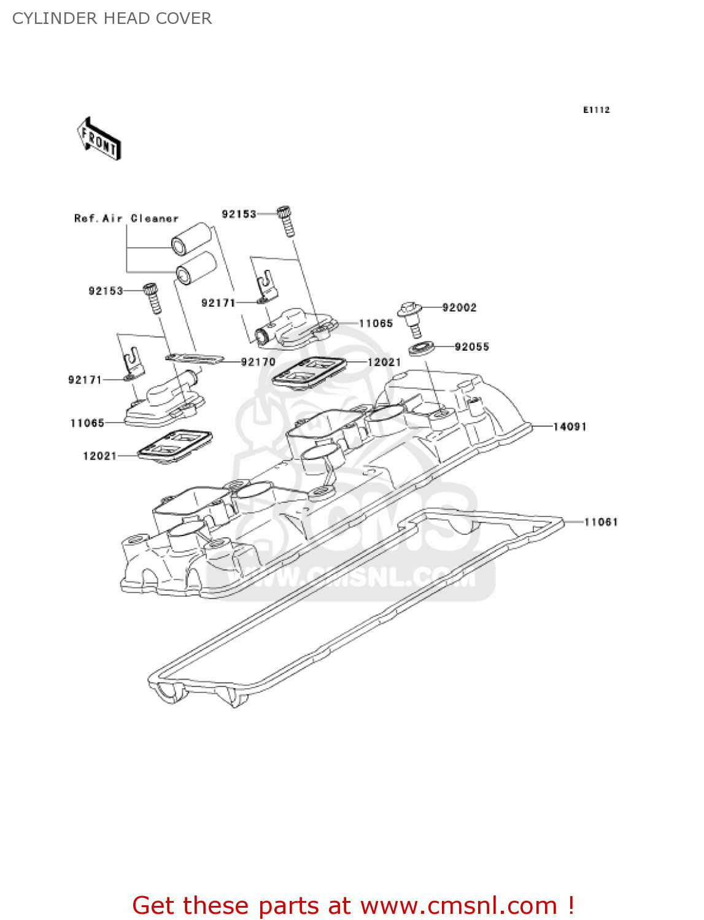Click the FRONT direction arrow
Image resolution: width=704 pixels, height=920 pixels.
coord(99,139)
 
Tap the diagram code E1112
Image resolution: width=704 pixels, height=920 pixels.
coord(596,110)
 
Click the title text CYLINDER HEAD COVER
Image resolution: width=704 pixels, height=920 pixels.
coord(112,18)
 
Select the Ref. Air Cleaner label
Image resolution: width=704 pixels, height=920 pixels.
coord(126,218)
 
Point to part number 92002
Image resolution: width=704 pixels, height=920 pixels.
coord(459,307)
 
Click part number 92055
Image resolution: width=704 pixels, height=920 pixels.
coord(471,347)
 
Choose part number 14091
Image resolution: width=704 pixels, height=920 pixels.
coord(570,426)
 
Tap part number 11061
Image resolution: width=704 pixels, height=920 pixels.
coord(600,522)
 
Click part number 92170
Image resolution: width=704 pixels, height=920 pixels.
coord(258,362)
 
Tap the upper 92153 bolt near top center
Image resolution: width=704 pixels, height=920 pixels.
coord(286,221)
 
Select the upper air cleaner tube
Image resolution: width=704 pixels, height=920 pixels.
coord(191,239)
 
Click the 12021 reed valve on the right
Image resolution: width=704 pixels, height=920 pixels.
coord(308,372)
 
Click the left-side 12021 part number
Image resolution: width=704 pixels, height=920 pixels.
coord(99,456)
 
